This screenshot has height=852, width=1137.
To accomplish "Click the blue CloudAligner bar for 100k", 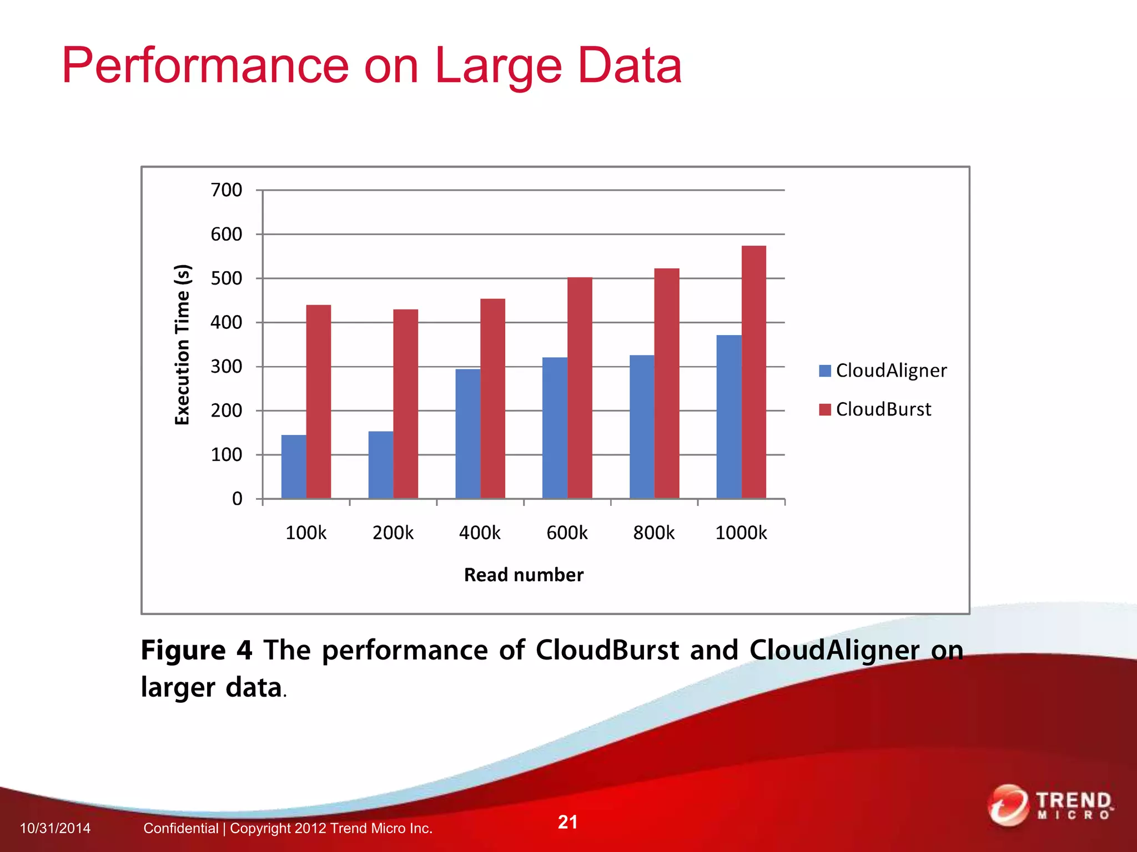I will (x=294, y=466).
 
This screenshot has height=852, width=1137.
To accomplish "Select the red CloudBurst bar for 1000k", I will (x=753, y=372).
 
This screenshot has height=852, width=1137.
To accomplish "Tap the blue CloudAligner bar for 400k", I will (x=467, y=433).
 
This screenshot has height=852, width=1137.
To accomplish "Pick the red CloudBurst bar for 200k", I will (x=405, y=403).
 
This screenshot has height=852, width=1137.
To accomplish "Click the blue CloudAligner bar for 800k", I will (x=642, y=427).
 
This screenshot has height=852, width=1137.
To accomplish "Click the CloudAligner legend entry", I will (x=883, y=371).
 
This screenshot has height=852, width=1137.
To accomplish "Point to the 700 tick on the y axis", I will (x=227, y=190).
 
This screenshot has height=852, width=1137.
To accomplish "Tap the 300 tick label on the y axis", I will (x=227, y=367).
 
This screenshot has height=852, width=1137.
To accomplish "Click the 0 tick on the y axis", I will (x=237, y=499).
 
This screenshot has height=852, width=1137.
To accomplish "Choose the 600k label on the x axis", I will (x=567, y=533).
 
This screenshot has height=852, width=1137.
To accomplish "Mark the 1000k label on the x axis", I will (x=741, y=533).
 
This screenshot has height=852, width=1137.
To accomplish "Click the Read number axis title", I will (x=524, y=575).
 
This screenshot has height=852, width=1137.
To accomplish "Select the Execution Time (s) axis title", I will (x=183, y=344).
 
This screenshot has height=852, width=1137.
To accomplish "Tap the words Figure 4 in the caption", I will (x=196, y=650).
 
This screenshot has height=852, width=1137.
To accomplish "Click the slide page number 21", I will (x=567, y=821).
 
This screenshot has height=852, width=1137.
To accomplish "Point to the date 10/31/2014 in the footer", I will (x=55, y=828).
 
